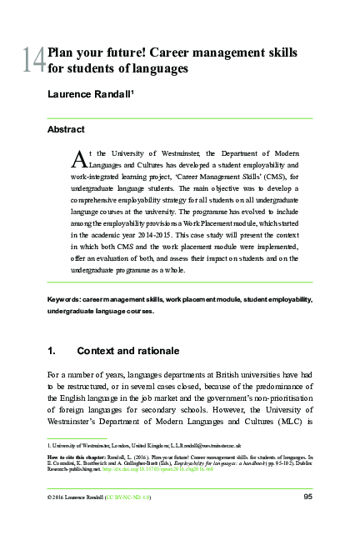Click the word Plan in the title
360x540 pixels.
click(x=62, y=52)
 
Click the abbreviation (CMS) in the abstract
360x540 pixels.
click(x=257, y=177)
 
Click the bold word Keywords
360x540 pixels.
click(x=66, y=298)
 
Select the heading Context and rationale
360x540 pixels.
click(x=127, y=352)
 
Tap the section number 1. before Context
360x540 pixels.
click(x=52, y=352)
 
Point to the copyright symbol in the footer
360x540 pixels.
click(x=52, y=498)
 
